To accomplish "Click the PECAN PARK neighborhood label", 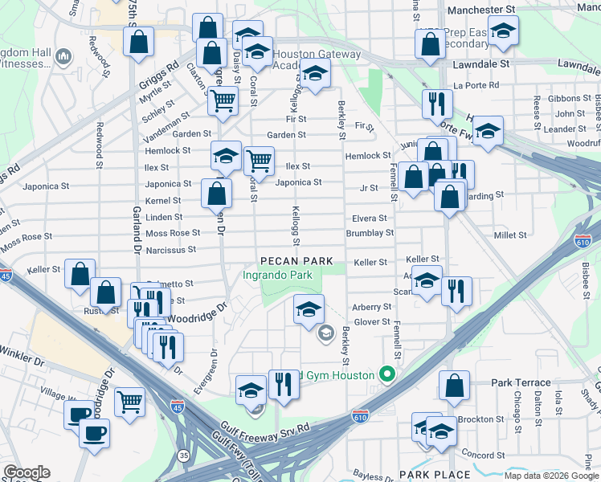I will point(295,262).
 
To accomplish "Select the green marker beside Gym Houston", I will point(387,375).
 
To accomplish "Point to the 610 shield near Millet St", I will point(583,240).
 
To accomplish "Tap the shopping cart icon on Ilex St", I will point(259,161).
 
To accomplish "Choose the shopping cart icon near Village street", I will point(129,401).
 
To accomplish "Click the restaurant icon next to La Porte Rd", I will point(437,103).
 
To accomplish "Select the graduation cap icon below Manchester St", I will point(503,31).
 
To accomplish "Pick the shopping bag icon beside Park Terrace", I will point(454,385).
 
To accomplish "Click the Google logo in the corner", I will point(27,472).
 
